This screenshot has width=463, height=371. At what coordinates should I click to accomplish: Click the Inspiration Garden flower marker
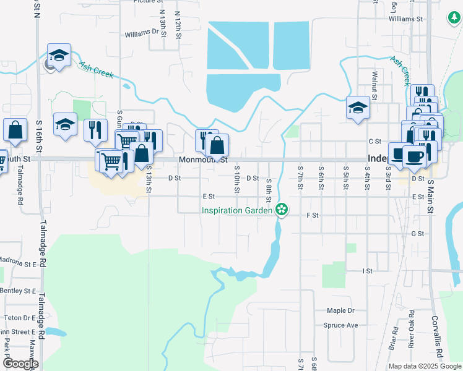pyautogui.click(x=282, y=210)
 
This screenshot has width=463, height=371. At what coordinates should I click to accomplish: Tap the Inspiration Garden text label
pyautogui.click(x=237, y=210)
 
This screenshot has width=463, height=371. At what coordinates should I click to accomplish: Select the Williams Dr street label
pyautogui.click(x=142, y=33)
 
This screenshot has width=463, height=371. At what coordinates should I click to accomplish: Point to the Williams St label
pyautogui.click(x=405, y=19)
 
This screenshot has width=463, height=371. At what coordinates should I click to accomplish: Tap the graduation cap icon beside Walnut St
pyautogui.click(x=358, y=108)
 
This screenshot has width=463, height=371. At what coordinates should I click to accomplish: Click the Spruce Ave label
pyautogui.click(x=340, y=325)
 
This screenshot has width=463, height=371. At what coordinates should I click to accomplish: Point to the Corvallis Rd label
pyautogui.click(x=439, y=344)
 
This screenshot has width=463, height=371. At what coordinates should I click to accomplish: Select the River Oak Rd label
pyautogui.click(x=410, y=333)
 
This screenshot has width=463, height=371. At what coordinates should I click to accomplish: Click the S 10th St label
pyautogui.click(x=236, y=178)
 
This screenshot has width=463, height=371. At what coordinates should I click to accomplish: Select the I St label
pyautogui.click(x=368, y=271)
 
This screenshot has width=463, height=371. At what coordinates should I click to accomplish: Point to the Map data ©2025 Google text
pyautogui.click(x=425, y=366)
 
